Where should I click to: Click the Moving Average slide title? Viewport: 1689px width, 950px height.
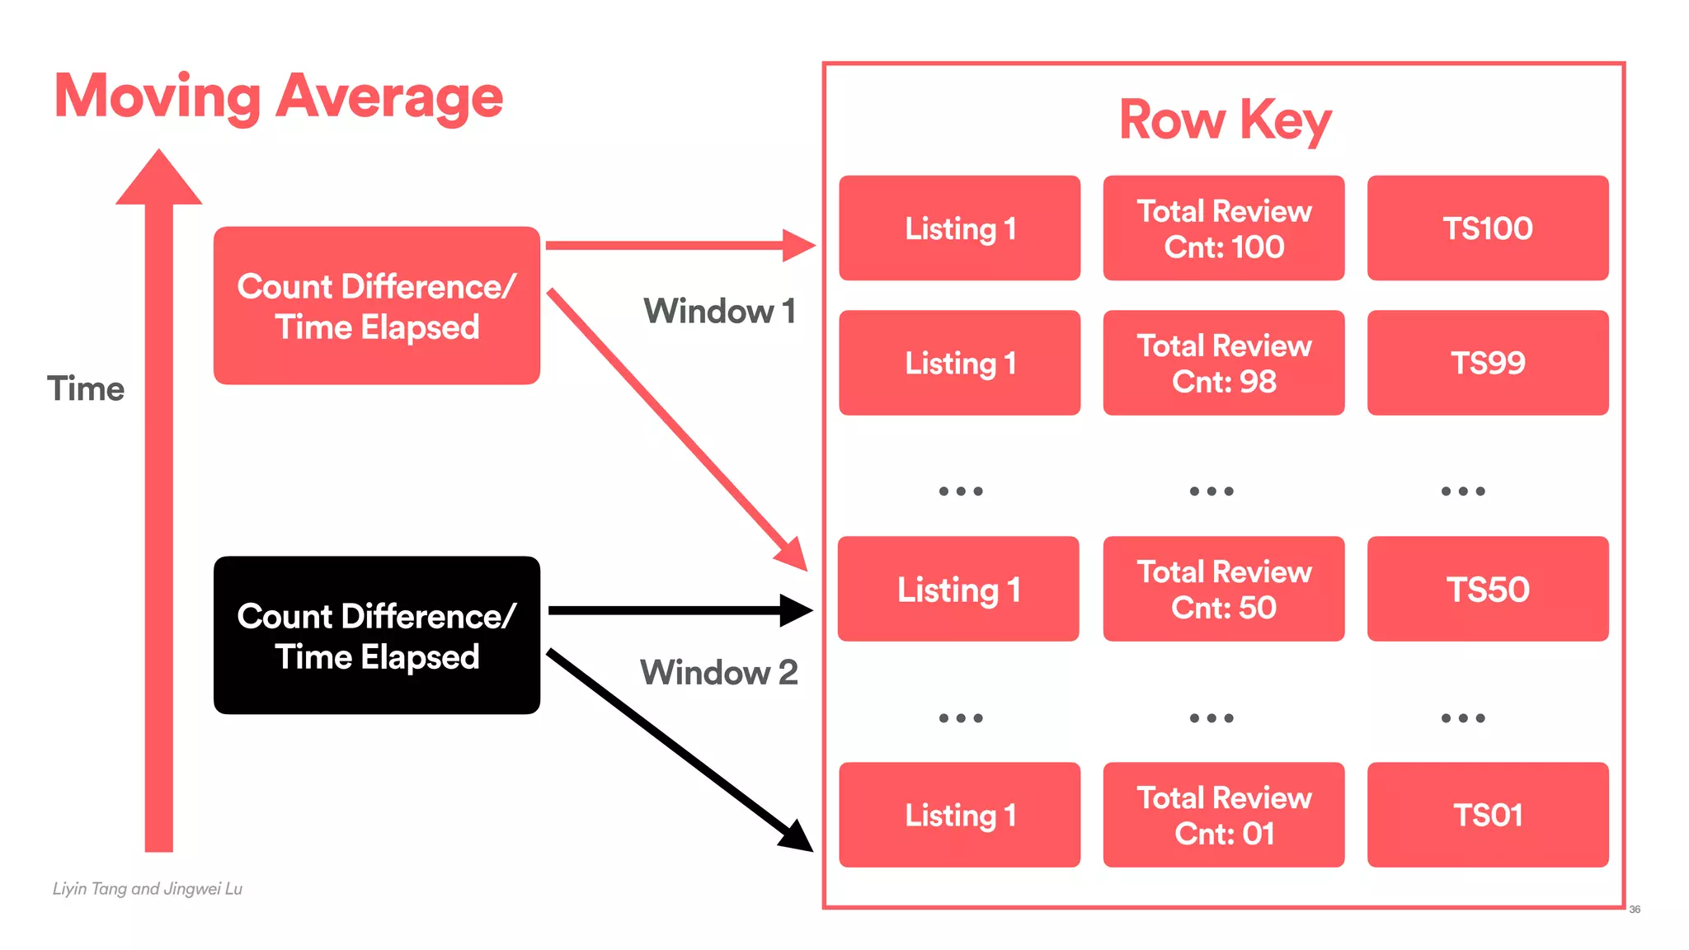(x=278, y=97)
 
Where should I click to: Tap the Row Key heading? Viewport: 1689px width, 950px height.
(x=1224, y=120)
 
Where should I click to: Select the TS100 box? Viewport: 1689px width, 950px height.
(x=1487, y=228)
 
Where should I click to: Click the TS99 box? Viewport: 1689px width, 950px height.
(x=1487, y=363)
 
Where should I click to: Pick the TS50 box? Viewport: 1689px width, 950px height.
(x=1487, y=589)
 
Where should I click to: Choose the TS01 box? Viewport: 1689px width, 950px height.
(x=1487, y=815)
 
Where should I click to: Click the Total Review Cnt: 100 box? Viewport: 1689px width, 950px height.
(x=1223, y=228)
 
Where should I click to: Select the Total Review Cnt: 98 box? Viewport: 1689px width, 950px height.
(x=1223, y=363)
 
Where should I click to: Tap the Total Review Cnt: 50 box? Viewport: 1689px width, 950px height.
(x=1223, y=589)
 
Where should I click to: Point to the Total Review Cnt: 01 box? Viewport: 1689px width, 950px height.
(x=1223, y=815)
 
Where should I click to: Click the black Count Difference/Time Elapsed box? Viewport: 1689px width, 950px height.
(x=376, y=635)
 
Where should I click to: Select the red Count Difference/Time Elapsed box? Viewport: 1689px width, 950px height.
(x=376, y=305)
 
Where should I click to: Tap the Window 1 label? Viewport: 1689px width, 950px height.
(x=719, y=312)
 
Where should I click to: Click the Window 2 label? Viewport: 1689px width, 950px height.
(x=719, y=672)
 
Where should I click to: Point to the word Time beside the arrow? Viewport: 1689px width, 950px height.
(x=86, y=388)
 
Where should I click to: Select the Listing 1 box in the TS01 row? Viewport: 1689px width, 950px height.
(x=959, y=815)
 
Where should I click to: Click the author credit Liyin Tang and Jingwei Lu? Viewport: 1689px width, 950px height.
(x=148, y=889)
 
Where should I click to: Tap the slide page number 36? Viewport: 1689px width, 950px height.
(x=1634, y=910)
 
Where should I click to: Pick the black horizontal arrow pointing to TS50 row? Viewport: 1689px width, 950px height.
(x=676, y=610)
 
